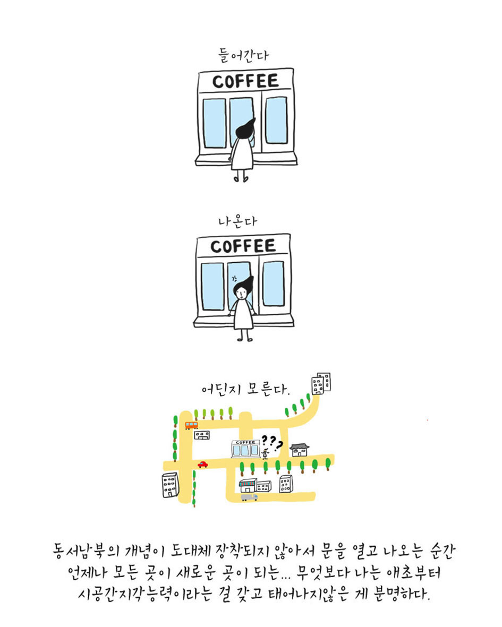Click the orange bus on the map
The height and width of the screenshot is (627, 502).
click(x=191, y=425)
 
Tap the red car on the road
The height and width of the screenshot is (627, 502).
click(x=203, y=464)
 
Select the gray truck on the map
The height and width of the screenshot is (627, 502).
click(x=249, y=497)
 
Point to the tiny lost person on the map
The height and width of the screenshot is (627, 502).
click(x=265, y=453)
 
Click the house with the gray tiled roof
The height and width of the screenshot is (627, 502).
click(x=300, y=450)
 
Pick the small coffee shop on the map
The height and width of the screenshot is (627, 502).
click(x=245, y=449)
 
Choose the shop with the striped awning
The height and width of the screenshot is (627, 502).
click(x=248, y=485)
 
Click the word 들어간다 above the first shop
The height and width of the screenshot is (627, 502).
click(x=243, y=55)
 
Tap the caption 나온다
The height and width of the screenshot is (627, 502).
click(x=237, y=221)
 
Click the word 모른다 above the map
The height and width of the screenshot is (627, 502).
click(x=268, y=388)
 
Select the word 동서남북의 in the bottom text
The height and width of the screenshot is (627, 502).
click(x=86, y=551)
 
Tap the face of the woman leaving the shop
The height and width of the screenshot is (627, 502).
click(x=241, y=293)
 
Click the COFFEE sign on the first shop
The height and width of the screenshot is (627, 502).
click(x=245, y=81)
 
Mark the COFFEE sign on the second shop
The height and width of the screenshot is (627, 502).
click(x=243, y=246)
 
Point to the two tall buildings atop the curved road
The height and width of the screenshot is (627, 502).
click(x=321, y=383)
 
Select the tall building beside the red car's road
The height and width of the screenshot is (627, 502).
click(x=170, y=485)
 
